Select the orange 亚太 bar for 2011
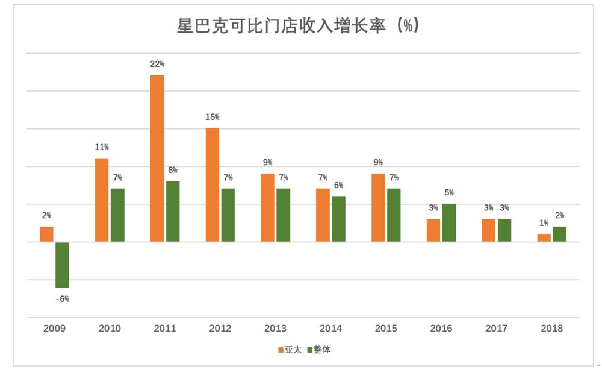[x=157, y=158]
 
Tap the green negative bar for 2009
[x=62, y=265]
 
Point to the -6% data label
[x=62, y=298]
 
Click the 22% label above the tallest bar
[x=157, y=64]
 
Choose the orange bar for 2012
[x=213, y=184]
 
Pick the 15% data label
[x=213, y=117]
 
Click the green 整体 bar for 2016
[x=449, y=222]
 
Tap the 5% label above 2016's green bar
[x=449, y=193]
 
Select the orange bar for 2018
[x=544, y=238]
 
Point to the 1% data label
[x=543, y=223]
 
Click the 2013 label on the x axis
[x=275, y=329]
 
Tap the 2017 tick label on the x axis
[x=497, y=329]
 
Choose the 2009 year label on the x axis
[x=54, y=329]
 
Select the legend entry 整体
[x=318, y=350]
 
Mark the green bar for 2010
[x=117, y=215]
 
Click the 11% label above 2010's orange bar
[x=102, y=147]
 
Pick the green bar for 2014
[x=339, y=219]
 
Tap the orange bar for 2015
[x=378, y=207]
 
